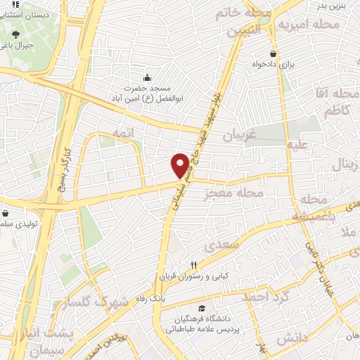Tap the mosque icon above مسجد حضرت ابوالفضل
(x=146, y=78)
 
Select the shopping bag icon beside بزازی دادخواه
(x=273, y=53)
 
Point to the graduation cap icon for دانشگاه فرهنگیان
(x=202, y=308)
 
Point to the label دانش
(x=292, y=340)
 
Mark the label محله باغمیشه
(x=317, y=210)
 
